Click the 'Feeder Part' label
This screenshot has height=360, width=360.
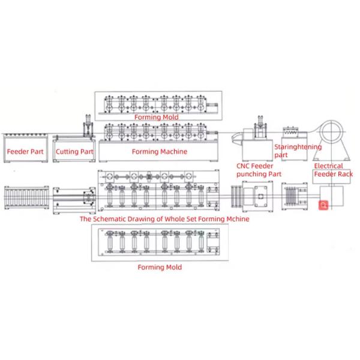pos(25,152)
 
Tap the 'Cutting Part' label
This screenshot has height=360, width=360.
pos(74,152)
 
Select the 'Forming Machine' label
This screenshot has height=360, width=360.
pos(159,152)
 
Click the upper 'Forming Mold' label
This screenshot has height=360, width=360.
pos(156,117)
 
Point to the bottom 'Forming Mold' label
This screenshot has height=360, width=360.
pos(159,267)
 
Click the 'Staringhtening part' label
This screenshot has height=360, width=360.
pos(297,151)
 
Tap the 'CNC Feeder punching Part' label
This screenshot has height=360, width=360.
pos(258,170)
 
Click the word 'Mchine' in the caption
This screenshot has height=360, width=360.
pos(236,219)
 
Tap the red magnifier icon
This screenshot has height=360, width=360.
pos(323,205)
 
